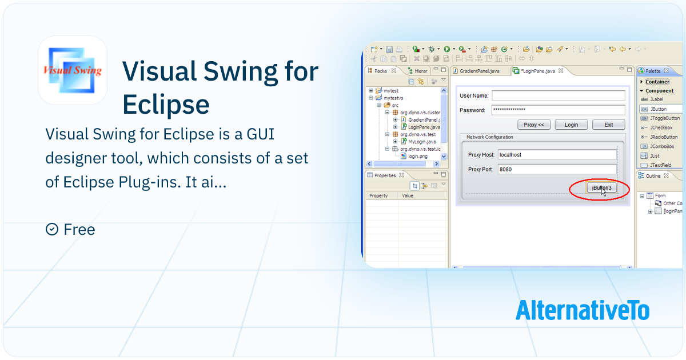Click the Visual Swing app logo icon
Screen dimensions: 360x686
pos(73,70)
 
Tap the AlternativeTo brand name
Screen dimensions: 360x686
pos(583,310)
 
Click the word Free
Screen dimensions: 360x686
pos(79,230)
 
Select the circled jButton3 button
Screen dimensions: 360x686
pos(601,188)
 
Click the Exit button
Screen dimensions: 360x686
pos(608,125)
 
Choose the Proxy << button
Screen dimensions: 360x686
pos(534,125)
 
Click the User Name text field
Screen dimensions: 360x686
pos(558,95)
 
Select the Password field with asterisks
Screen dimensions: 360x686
pos(558,110)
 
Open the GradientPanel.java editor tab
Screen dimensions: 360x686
pos(479,71)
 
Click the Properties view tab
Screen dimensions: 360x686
pos(385,175)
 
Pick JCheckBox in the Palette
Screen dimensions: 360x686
pos(661,127)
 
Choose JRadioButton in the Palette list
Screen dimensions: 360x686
pos(663,137)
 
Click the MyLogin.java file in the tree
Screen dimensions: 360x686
pos(422,141)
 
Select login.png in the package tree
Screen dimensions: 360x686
pos(418,155)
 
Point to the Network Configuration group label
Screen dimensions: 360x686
pos(489,137)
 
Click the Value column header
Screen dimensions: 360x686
pos(408,195)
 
